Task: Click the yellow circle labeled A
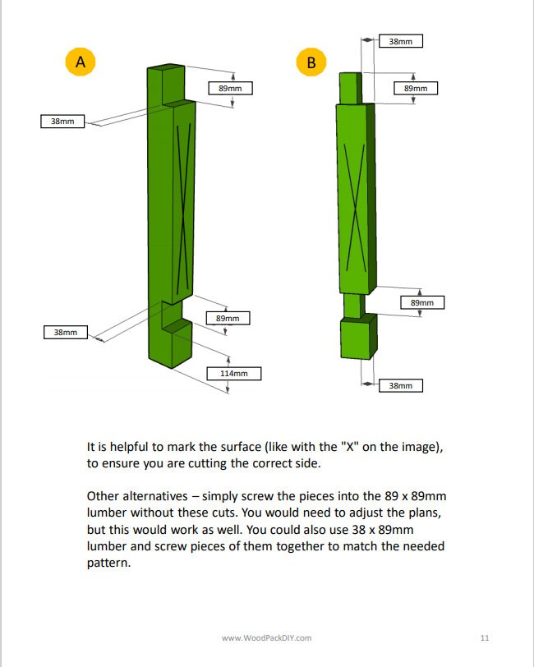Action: tap(81, 62)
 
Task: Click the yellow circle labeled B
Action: tap(311, 62)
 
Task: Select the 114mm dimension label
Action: tap(233, 374)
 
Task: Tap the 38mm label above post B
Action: tap(400, 40)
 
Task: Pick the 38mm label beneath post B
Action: tap(400, 385)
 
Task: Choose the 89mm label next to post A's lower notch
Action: tap(228, 318)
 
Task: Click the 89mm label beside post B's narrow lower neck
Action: tap(421, 302)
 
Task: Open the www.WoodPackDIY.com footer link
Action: tap(267, 637)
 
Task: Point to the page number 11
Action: tap(484, 637)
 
